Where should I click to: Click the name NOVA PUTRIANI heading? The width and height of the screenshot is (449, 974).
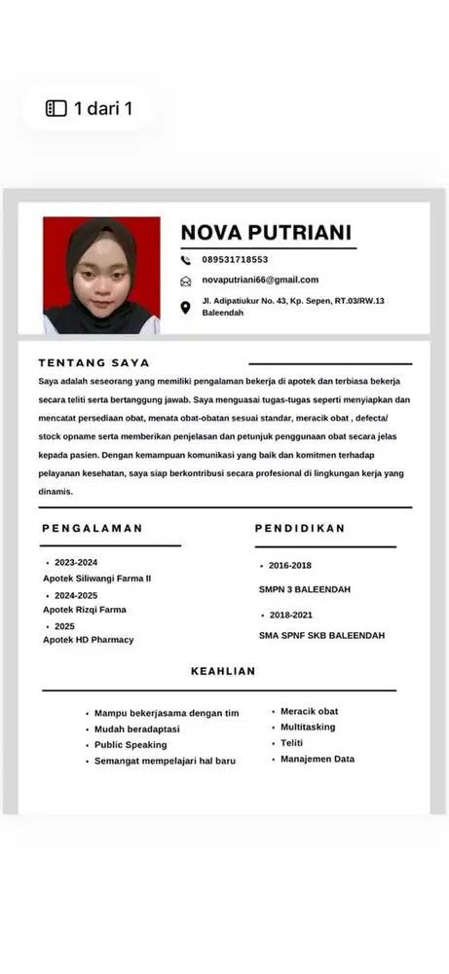[x=266, y=232]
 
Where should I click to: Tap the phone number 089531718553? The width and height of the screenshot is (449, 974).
[x=235, y=260]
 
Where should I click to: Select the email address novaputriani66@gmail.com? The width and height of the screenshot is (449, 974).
[x=260, y=281]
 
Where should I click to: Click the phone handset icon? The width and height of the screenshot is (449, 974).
[x=186, y=260]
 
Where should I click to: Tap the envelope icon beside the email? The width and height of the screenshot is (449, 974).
[x=186, y=281]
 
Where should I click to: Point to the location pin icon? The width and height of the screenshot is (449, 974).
[x=186, y=308]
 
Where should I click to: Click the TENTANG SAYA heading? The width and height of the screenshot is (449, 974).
[x=94, y=362]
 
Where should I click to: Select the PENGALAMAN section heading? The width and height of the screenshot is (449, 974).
[x=93, y=528]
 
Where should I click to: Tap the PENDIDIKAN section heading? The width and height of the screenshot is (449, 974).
[x=300, y=528]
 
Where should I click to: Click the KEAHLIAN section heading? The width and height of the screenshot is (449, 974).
[x=223, y=671]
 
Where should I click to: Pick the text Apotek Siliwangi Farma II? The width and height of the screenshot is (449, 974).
[x=97, y=579]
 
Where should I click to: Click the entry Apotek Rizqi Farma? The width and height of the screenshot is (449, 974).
[x=85, y=610]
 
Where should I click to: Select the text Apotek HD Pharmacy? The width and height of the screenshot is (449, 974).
[x=89, y=640]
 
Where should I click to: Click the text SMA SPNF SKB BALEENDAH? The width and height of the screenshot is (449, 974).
[x=321, y=635]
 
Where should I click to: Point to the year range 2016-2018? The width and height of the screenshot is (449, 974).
[x=290, y=566]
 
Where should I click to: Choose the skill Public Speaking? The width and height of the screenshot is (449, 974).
[x=131, y=745]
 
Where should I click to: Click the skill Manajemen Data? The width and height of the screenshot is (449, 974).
[x=318, y=759]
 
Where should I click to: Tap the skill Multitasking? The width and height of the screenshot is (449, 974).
[x=308, y=727]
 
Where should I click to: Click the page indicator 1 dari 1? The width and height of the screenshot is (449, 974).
[x=90, y=108]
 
